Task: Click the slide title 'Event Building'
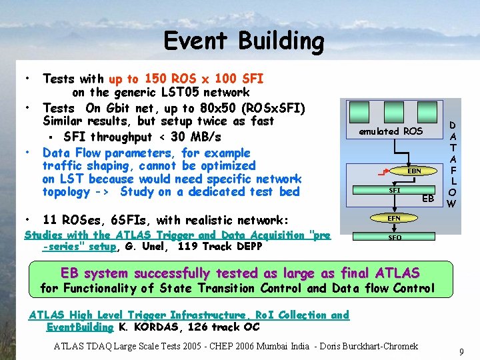(x=243, y=41)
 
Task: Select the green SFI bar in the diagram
(x=393, y=190)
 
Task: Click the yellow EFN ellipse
(x=394, y=218)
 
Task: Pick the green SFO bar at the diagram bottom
(x=394, y=237)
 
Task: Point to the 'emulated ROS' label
(x=391, y=131)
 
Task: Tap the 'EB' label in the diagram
(x=428, y=199)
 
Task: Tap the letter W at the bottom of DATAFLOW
(x=451, y=204)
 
